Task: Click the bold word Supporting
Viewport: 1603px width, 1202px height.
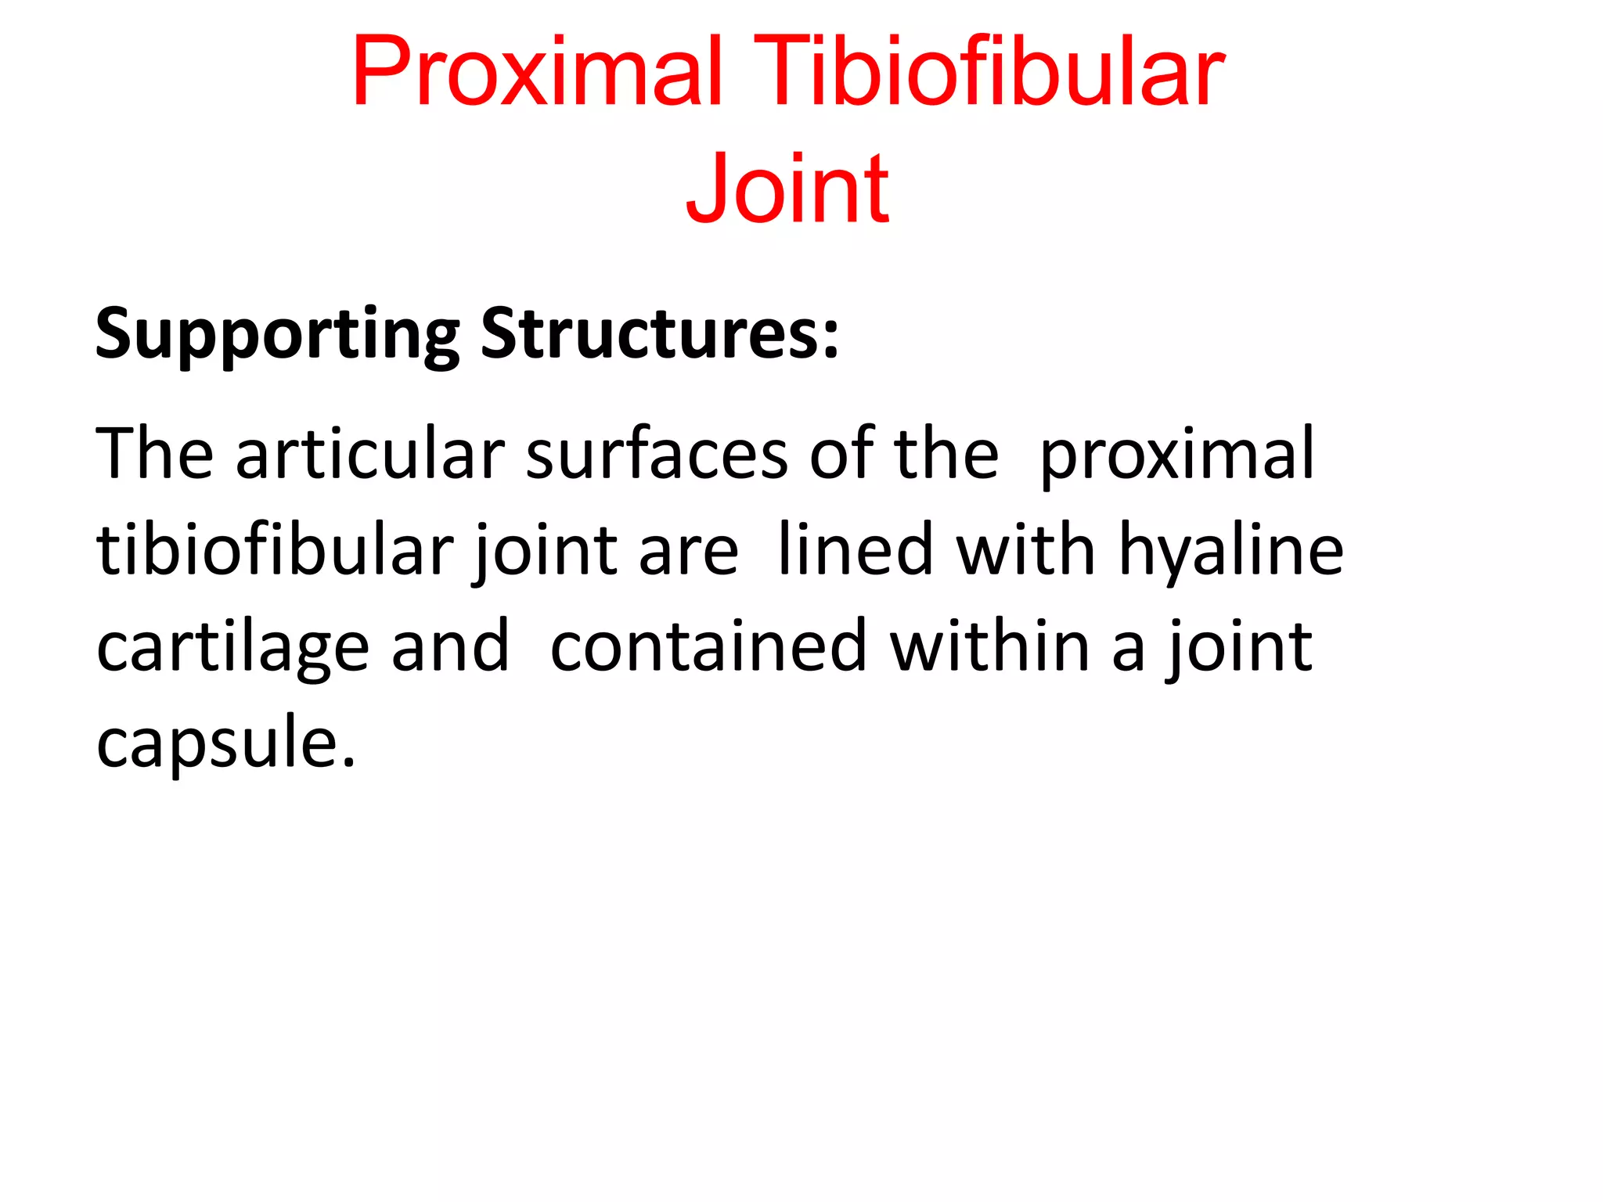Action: tap(277, 335)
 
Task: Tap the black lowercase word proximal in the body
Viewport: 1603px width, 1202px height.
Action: tap(1176, 455)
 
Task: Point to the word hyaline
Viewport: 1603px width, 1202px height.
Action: tap(1231, 551)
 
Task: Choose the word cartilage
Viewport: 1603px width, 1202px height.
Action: tap(232, 648)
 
